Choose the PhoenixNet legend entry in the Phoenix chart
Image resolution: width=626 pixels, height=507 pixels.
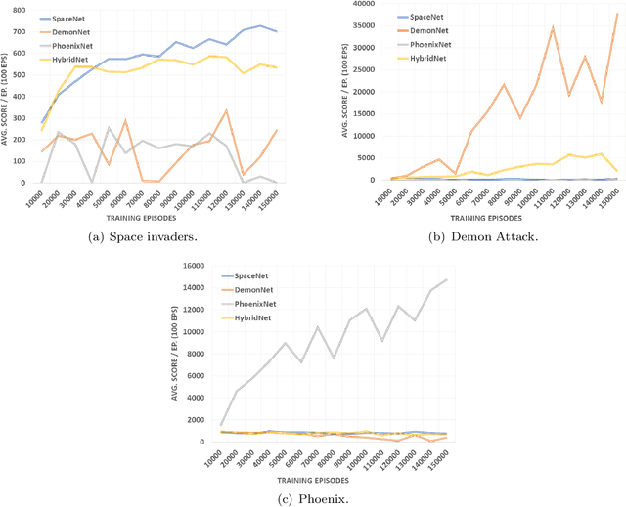coord(252,304)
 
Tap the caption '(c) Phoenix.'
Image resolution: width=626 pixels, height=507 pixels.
coord(314,498)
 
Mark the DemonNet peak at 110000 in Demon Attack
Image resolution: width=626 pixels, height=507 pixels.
coord(553,27)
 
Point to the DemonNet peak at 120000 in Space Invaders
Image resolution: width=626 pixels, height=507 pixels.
coord(227,110)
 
